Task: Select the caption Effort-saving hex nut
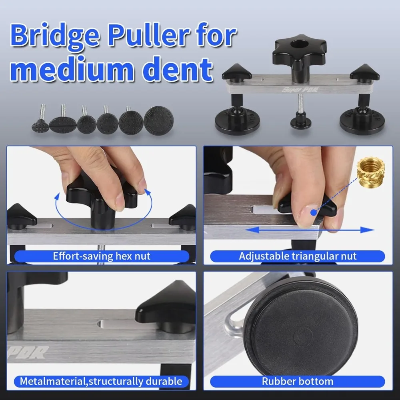102,256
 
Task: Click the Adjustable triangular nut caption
298,256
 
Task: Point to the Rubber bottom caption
298,381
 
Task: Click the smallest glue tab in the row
40,125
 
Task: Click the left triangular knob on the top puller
237,73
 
